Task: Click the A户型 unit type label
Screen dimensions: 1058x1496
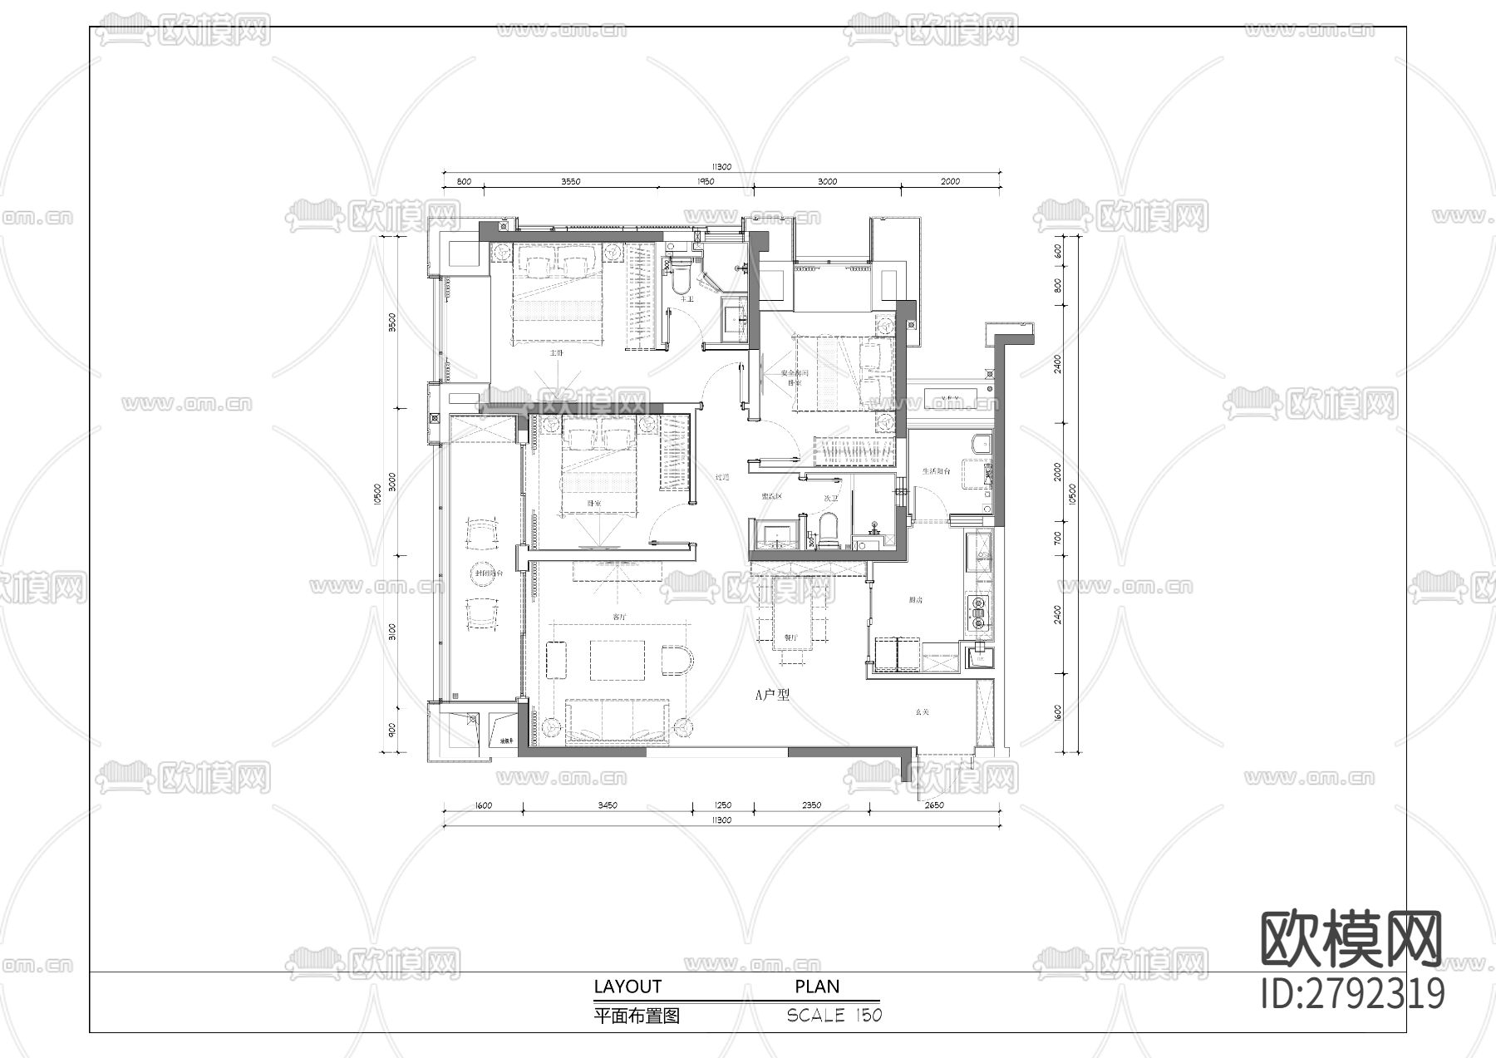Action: pos(771,695)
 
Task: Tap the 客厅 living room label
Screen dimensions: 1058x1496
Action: pos(619,617)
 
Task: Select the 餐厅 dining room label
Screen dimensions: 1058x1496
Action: pos(790,638)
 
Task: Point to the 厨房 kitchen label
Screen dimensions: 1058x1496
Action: pos(916,599)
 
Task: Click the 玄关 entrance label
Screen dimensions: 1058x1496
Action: pos(923,712)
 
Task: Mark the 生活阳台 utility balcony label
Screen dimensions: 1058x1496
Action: pos(936,471)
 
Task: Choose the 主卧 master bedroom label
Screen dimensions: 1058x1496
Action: pos(556,352)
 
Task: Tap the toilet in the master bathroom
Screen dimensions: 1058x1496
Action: pos(682,278)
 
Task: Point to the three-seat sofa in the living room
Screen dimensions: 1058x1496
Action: pos(618,721)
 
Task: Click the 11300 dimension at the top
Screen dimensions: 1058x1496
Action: pos(721,167)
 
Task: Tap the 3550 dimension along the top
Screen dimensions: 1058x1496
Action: pos(570,181)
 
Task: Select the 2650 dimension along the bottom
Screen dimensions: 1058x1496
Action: pos(933,805)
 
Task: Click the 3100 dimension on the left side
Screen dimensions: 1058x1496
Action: pos(392,632)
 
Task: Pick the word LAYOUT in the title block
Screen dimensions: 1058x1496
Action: pos(627,987)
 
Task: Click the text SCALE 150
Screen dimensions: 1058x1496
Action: pos(834,1016)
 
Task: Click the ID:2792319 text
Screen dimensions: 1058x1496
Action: pos(1352,993)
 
